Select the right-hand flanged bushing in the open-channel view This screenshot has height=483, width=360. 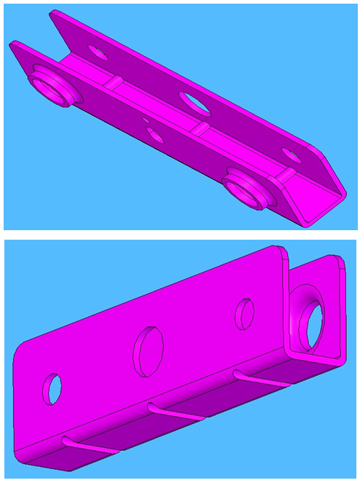click(246, 189)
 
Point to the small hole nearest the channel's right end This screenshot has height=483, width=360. click(290, 154)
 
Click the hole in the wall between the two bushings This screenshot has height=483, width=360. click(154, 134)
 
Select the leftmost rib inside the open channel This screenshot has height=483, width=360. click(114, 81)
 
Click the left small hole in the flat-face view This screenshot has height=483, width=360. click(52, 388)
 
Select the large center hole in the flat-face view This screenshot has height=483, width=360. click(148, 350)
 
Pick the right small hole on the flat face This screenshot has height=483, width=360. click(243, 313)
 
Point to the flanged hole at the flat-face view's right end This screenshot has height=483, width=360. click(312, 323)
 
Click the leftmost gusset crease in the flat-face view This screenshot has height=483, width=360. click(90, 446)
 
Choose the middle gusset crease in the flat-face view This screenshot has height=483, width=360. click(175, 411)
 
